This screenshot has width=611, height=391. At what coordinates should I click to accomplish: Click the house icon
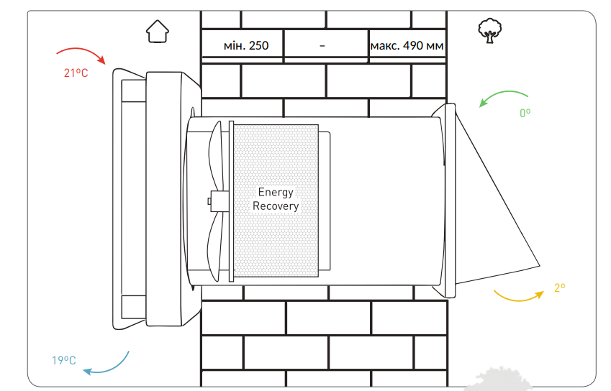(x=158, y=31)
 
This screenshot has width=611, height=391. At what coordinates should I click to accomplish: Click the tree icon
(x=490, y=30)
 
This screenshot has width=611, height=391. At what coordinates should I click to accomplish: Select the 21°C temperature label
(x=76, y=73)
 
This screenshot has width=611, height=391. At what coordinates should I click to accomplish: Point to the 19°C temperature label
(x=64, y=360)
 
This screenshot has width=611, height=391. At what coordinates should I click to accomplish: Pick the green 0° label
(x=525, y=114)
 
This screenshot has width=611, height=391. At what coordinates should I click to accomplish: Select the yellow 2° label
(x=560, y=288)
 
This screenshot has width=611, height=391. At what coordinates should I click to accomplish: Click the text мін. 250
(x=246, y=46)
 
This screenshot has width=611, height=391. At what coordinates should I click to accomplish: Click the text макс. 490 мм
(x=407, y=46)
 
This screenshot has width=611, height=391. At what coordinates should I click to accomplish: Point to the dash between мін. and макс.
(x=322, y=46)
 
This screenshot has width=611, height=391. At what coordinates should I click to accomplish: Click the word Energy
(x=276, y=192)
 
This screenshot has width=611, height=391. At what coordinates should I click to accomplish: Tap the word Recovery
(x=276, y=206)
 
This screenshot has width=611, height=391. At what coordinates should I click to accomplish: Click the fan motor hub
(x=219, y=201)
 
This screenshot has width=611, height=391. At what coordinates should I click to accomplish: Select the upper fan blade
(x=216, y=156)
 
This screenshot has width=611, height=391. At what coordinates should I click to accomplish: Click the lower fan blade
(x=215, y=246)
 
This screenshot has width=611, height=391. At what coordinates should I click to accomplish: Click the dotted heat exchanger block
(x=276, y=201)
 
